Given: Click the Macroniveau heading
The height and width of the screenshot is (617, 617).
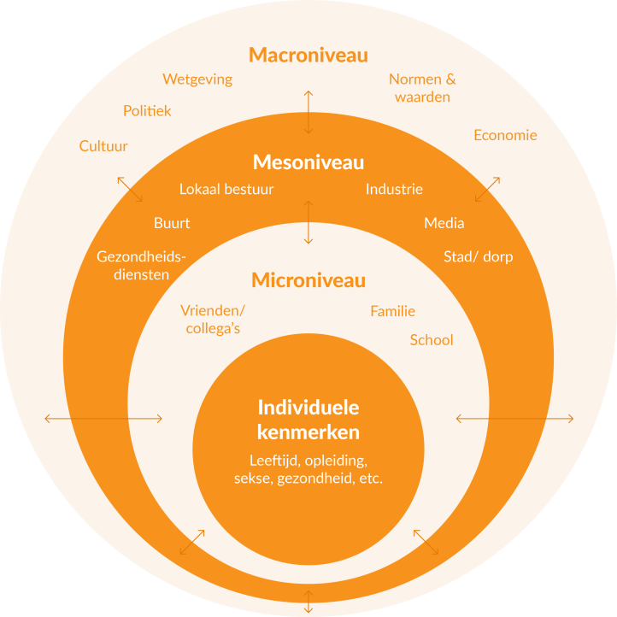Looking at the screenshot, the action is [x=308, y=55].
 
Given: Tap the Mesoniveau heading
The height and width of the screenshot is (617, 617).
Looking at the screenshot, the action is [x=308, y=162].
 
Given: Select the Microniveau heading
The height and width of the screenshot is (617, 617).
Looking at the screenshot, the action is [x=308, y=280].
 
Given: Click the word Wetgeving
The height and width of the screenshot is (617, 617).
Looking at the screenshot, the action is [x=197, y=79].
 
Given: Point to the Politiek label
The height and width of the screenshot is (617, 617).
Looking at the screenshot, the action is [x=147, y=111].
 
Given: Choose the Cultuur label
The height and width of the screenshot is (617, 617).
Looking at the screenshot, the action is [x=103, y=146].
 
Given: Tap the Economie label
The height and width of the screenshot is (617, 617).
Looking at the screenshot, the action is [x=505, y=135].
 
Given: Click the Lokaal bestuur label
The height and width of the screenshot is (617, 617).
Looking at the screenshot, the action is [x=226, y=189].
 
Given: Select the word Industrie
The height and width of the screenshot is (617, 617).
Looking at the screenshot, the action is [x=394, y=189].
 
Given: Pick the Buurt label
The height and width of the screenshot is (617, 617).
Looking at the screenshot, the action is [x=172, y=223].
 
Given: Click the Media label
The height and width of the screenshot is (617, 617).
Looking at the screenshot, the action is [x=444, y=223].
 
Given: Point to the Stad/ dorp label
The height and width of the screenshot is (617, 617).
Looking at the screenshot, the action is [x=479, y=256].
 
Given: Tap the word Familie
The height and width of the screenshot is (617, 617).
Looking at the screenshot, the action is [x=393, y=311].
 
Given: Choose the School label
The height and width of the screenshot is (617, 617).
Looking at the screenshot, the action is [x=432, y=340].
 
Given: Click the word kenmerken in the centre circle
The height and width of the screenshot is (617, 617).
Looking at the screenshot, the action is [x=308, y=432].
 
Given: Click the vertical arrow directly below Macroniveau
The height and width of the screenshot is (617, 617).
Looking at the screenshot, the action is [x=308, y=112].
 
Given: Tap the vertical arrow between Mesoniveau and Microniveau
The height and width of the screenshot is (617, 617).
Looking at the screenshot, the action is [x=308, y=222].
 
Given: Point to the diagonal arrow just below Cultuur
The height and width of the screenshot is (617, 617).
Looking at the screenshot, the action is [x=130, y=189].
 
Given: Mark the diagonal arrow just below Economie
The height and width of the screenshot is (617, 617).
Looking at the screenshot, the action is [x=488, y=189].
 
